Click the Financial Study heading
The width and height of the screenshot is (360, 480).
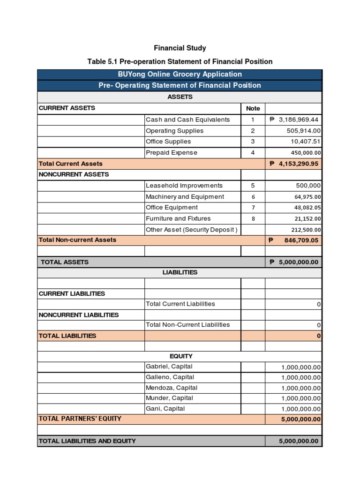180,48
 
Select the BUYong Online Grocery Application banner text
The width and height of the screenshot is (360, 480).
180,74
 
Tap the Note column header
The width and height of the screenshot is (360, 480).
253,108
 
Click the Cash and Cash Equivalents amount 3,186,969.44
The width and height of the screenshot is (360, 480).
295,120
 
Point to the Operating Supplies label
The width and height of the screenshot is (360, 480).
174,131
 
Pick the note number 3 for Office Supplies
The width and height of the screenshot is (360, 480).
253,142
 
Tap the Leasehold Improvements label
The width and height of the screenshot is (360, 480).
184,186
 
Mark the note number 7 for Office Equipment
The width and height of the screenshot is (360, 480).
253,208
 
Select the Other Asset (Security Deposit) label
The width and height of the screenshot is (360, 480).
192,230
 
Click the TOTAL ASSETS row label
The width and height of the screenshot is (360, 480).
65,262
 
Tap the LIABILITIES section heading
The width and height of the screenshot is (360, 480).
180,272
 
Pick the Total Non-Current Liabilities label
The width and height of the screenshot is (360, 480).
187,324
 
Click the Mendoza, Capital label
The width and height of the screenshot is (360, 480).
171,388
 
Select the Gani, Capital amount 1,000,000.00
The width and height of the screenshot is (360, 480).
301,409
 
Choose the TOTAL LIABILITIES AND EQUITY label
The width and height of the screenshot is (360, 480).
87,441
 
